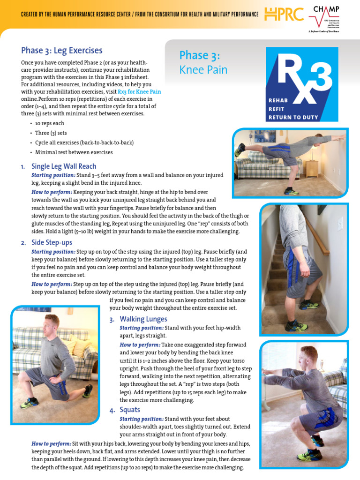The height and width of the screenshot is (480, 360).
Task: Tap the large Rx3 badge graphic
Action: pyautogui.click(x=302, y=85)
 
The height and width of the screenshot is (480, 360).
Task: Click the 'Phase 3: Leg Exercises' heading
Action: pyautogui.click(x=62, y=50)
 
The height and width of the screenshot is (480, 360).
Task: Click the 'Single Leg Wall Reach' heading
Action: pyautogui.click(x=64, y=166)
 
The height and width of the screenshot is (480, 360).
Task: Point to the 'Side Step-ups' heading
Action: pyautogui.click(x=52, y=243)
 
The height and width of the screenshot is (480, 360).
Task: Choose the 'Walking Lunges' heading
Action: pyautogui.click(x=143, y=319)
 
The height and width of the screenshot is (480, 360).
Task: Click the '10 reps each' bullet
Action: pyautogui.click(x=50, y=123)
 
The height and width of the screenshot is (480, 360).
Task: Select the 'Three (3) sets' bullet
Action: pyautogui.click(x=51, y=133)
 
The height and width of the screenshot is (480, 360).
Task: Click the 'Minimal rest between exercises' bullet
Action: pyautogui.click(x=74, y=152)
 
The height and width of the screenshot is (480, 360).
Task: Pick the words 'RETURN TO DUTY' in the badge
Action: pyautogui.click(x=293, y=117)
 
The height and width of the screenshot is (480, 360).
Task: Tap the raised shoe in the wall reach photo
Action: pyautogui.click(x=240, y=150)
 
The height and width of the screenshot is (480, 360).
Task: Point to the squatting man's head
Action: pyautogui.click(x=308, y=356)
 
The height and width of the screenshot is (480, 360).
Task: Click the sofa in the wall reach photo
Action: pyautogui.click(x=260, y=164)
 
